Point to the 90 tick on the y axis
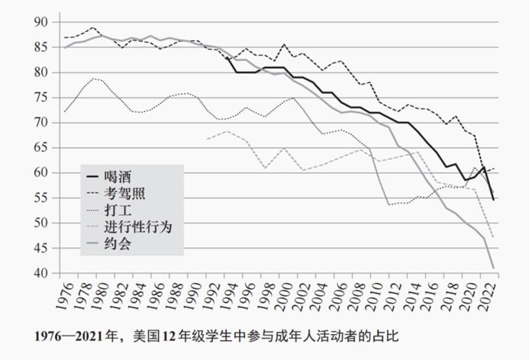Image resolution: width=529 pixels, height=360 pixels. [41, 22]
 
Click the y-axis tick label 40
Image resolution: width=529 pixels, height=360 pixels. [41, 273]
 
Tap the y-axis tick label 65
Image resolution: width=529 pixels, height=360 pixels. [41, 148]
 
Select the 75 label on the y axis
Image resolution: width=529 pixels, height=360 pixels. [41, 98]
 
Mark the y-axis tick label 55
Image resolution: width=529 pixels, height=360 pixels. [41, 198]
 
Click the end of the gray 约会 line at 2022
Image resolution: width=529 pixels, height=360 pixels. [494, 268]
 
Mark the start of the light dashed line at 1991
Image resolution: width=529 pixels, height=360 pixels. [206, 139]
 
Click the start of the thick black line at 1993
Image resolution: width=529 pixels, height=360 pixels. [227, 57]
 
